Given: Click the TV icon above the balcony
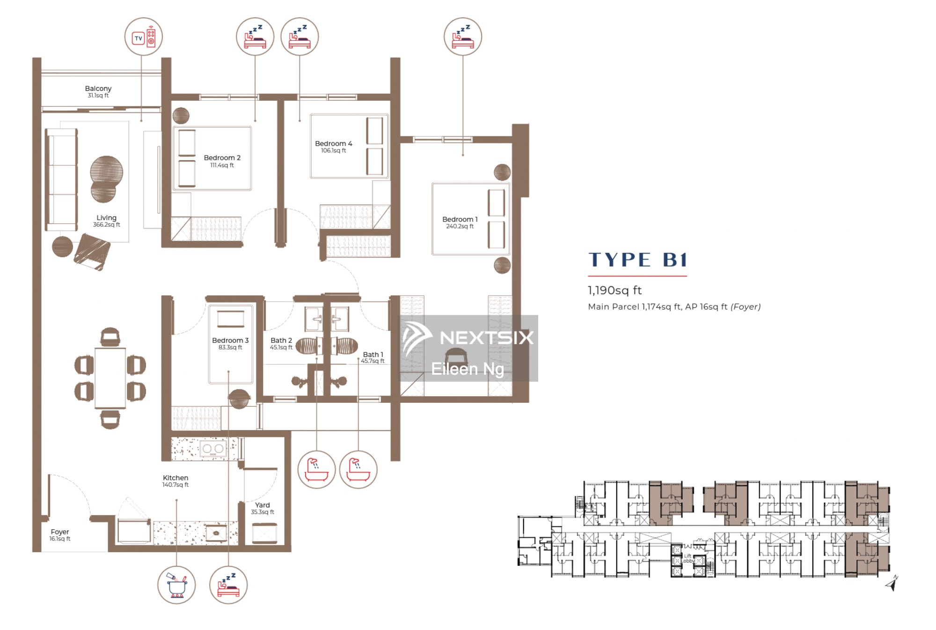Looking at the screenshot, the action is tap(144, 37).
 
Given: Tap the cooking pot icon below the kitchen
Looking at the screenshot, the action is tap(176, 585).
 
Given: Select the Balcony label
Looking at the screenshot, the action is tap(98, 89).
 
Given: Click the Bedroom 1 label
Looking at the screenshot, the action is tap(460, 219).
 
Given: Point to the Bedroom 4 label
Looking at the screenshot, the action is tap(334, 143).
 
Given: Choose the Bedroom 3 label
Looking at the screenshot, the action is tap(230, 340).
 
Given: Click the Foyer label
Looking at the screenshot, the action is tap(60, 532).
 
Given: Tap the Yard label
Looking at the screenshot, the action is tap(263, 505).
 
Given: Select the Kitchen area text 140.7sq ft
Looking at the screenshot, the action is tap(175, 485).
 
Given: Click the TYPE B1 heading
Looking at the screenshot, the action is tap(637, 259).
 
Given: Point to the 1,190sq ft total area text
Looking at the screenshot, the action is tap(614, 290).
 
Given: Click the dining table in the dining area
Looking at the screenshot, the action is tap(110, 378).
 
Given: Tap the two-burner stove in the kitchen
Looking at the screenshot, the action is tap(213, 449).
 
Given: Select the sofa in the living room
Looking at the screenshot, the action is tap(61, 180).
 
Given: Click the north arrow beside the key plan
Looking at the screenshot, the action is tap(892, 583).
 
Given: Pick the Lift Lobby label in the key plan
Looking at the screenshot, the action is tap(687, 558).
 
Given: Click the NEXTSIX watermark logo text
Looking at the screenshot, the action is tap(486, 337).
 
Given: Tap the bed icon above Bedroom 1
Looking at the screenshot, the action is tap(463, 37).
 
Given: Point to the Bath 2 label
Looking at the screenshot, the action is tap(281, 341).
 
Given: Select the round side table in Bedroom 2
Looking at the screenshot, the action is tap(181, 116).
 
